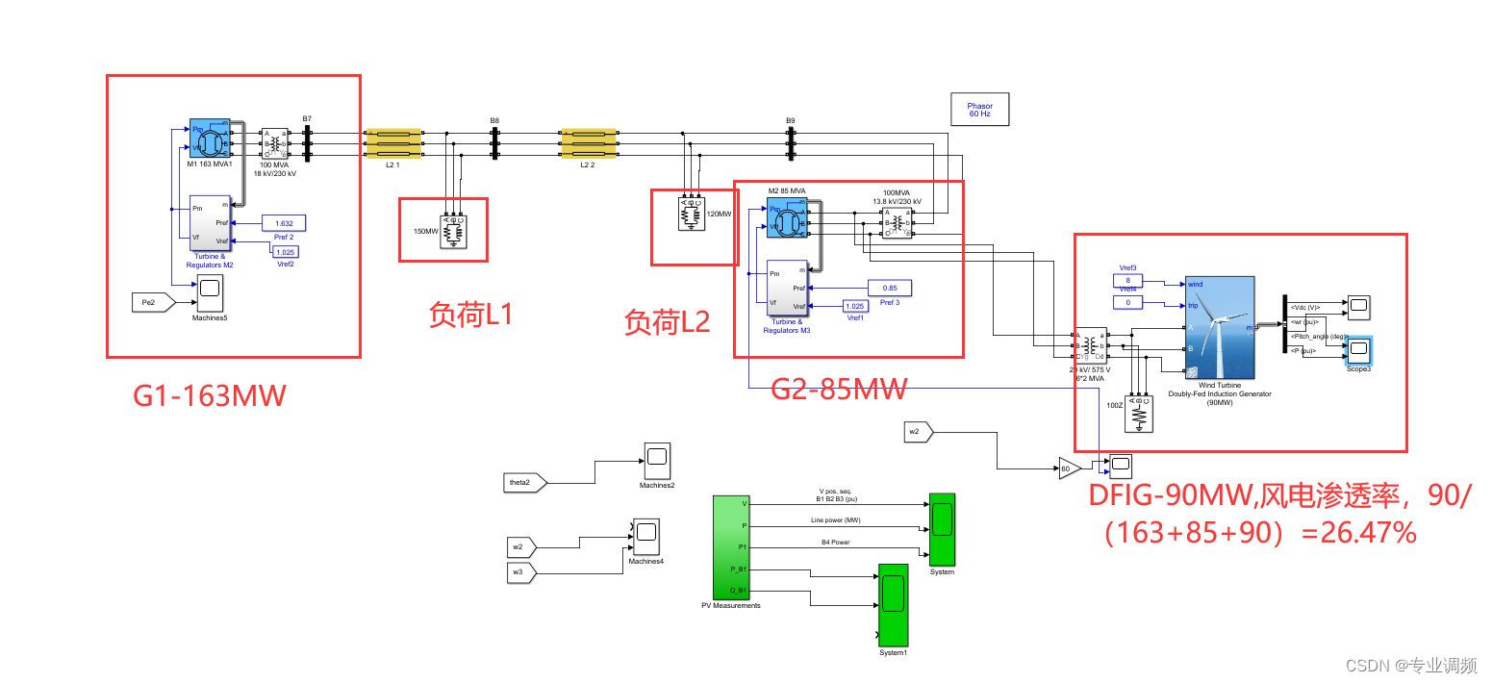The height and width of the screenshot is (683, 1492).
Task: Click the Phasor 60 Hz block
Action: point(979,110)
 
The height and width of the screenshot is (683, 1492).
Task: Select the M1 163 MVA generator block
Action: point(208,140)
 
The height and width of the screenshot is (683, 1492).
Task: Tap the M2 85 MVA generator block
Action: point(786,217)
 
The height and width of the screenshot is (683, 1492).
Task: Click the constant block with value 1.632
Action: point(284,223)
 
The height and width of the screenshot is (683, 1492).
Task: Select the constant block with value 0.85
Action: point(890,288)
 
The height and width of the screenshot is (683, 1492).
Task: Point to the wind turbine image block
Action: point(1220,327)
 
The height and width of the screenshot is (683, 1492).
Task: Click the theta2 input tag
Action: point(524,481)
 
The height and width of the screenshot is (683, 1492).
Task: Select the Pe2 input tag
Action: point(152,303)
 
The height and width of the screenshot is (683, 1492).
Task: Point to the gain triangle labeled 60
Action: point(1068,469)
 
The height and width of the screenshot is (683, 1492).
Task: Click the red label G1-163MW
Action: point(210,395)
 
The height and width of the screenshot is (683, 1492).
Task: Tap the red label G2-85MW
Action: point(839,390)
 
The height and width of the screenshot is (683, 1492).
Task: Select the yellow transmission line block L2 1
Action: point(392,144)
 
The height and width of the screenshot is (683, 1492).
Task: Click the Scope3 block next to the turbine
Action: point(1358,349)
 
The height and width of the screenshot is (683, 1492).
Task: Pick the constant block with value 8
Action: point(1127,281)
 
